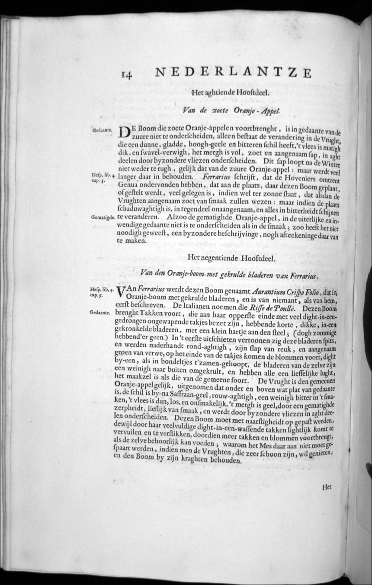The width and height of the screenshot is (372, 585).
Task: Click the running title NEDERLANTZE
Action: pyautogui.click(x=233, y=72)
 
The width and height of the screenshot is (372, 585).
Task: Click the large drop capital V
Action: pyautogui.click(x=122, y=294)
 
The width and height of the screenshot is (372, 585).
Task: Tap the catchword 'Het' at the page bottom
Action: pyautogui.click(x=327, y=486)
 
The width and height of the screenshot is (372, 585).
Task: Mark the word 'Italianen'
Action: pyautogui.click(x=197, y=308)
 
